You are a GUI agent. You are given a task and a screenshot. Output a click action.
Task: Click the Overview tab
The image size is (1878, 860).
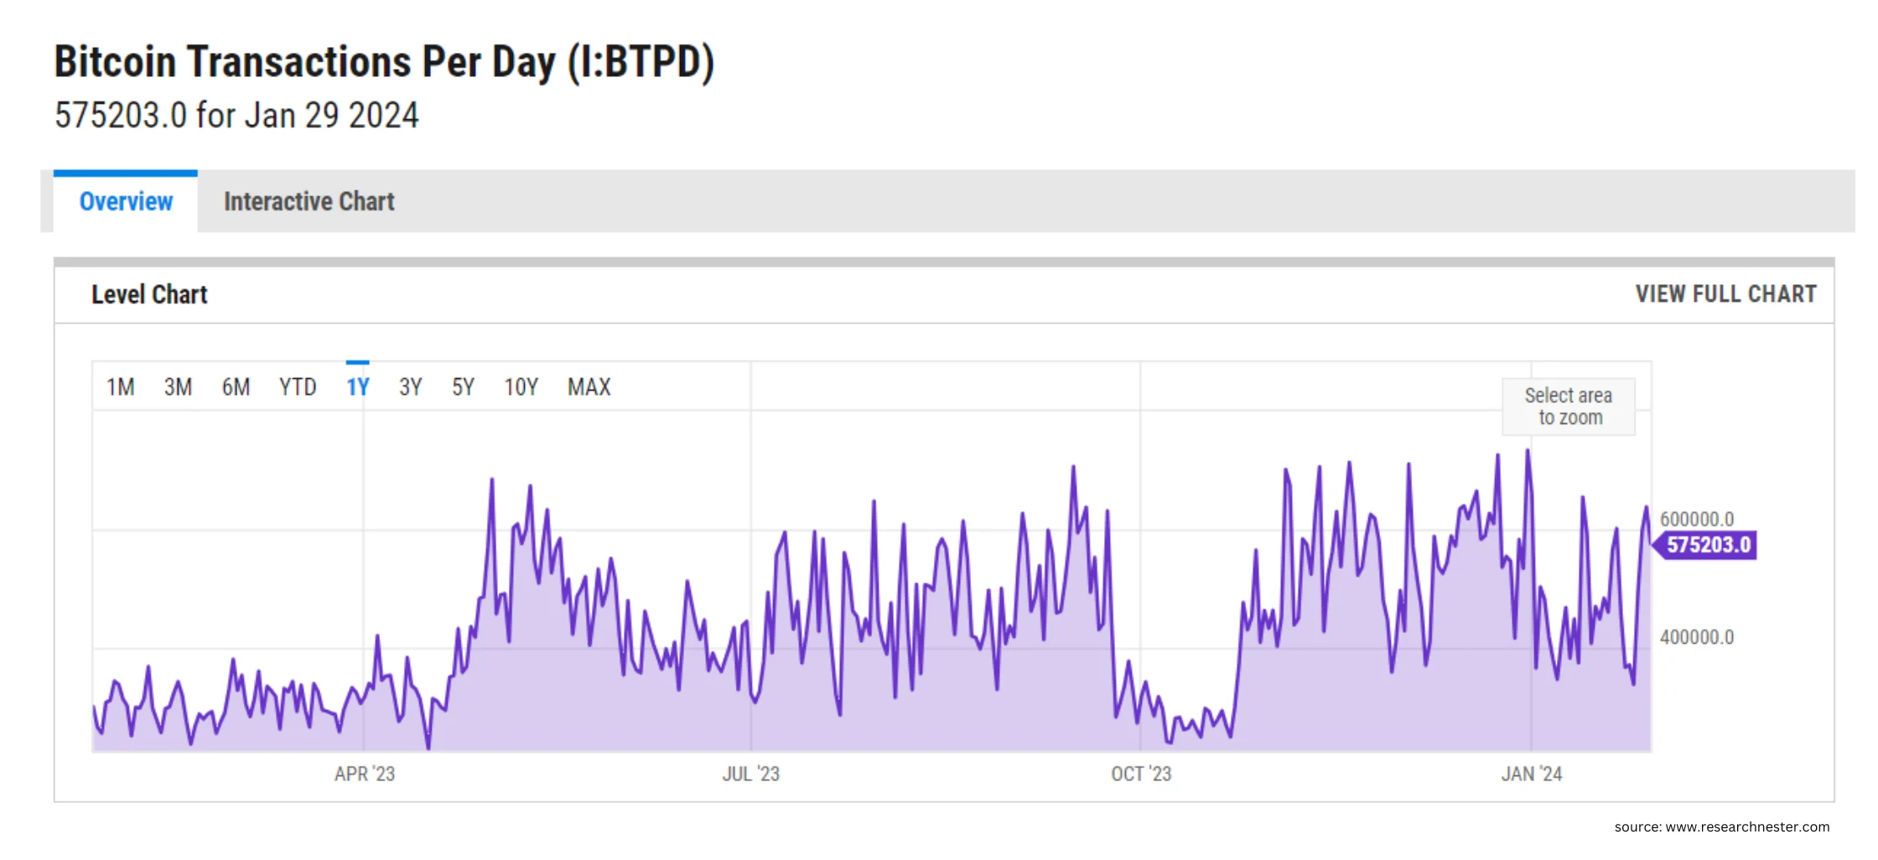(x=126, y=202)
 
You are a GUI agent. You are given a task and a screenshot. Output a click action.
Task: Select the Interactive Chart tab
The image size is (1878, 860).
(x=309, y=202)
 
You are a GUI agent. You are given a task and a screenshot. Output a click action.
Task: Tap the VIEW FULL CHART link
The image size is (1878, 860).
(x=1725, y=294)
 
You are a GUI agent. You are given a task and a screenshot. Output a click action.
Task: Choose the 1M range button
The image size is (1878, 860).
(x=120, y=387)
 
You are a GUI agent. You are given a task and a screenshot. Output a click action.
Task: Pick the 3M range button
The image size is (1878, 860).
(x=178, y=387)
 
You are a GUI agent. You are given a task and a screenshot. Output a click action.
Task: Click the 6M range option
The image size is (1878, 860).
(x=236, y=387)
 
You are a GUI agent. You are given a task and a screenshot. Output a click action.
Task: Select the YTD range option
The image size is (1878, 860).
(x=298, y=387)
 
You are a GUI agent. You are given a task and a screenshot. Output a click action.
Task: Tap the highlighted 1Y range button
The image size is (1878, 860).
(x=358, y=387)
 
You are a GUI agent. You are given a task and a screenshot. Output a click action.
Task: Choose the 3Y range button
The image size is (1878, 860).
(x=410, y=387)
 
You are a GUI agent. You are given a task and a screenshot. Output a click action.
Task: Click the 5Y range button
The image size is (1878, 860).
(x=463, y=387)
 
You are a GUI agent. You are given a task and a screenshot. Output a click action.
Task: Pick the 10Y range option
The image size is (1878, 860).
(x=521, y=387)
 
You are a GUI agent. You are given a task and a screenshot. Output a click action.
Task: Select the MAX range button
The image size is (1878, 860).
(x=589, y=387)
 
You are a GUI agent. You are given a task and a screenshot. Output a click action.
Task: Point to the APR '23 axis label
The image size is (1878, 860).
(x=365, y=774)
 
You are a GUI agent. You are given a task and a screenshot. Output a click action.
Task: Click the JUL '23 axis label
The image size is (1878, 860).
(x=751, y=774)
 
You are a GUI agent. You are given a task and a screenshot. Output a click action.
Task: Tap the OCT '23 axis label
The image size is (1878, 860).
(x=1141, y=774)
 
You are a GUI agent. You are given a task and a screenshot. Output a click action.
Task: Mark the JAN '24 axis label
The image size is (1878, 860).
(x=1532, y=774)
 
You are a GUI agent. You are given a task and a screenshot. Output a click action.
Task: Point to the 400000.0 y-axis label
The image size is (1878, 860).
(x=1697, y=637)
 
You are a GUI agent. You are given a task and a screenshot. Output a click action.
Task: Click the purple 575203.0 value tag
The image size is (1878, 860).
(x=1708, y=545)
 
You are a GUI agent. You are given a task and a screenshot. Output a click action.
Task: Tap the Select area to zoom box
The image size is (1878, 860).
(x=1568, y=407)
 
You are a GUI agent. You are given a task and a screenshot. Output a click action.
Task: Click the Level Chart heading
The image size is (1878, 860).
(x=149, y=295)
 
